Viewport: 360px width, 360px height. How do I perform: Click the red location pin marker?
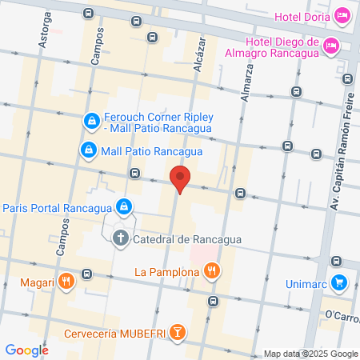pos(180,178)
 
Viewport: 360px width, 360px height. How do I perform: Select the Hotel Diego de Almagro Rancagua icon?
pos(333,48)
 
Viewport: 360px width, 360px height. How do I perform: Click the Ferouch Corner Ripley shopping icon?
pos(91,121)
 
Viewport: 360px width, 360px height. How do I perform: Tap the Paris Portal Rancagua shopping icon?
pos(124,208)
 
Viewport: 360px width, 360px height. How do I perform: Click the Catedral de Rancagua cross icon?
pos(120,238)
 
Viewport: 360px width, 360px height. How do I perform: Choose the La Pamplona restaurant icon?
pos(211,272)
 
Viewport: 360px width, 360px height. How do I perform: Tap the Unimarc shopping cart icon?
pos(339,282)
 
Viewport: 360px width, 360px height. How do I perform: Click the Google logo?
pos(26,350)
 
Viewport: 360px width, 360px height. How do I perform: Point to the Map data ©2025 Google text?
pos(311,354)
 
